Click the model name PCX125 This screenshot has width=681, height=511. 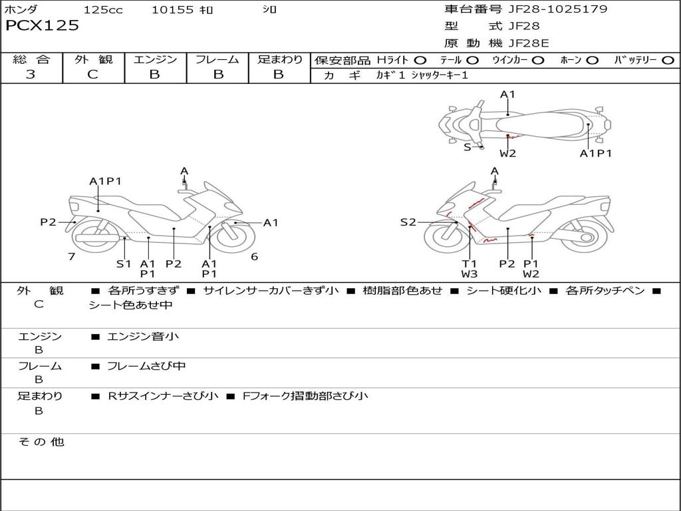tap(42, 26)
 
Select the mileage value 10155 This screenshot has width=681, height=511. tap(172, 10)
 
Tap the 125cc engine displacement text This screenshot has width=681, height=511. tap(103, 10)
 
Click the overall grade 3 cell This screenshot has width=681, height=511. tap(31, 75)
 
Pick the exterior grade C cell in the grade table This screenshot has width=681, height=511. tap(93, 75)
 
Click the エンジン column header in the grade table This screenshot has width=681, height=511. tap(155, 60)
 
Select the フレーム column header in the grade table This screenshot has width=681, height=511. tap(217, 60)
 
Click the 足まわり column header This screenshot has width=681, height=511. tap(279, 60)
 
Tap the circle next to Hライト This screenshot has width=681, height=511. tap(420, 61)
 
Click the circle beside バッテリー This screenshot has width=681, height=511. tap(668, 61)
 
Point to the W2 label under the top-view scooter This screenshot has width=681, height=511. tap(508, 154)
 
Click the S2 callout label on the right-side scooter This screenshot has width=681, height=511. tap(408, 222)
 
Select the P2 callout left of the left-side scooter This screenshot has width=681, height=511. tap(48, 222)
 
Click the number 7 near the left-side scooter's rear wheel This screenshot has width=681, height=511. tap(71, 257)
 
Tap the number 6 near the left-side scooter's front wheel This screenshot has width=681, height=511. tap(254, 257)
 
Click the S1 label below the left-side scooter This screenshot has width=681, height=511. tap(124, 263)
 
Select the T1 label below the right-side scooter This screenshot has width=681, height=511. tap(470, 263)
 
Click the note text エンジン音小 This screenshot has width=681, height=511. tap(143, 337)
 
